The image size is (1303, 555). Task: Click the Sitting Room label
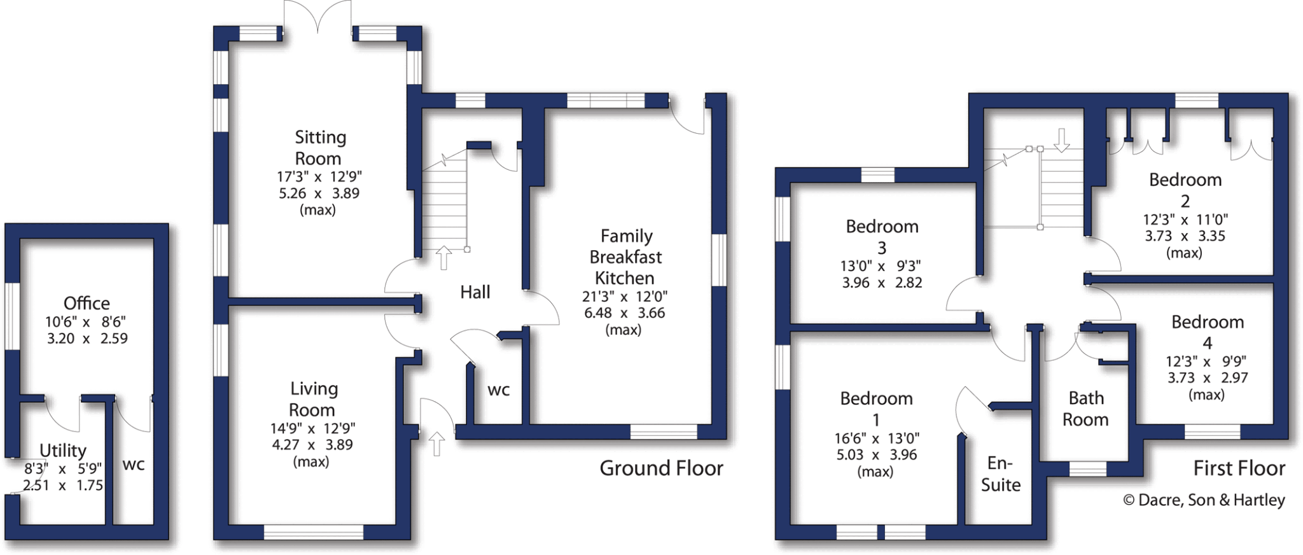point(319,147)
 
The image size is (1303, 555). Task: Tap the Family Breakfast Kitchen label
point(625,256)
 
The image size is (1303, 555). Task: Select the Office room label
point(87,303)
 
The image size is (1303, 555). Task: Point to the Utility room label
point(62,451)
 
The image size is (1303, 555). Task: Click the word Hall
point(475,292)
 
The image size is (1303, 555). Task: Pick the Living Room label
point(313,399)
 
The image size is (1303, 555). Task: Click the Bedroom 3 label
point(882,236)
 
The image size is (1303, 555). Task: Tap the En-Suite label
point(1000,474)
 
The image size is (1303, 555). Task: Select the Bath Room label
point(1085,409)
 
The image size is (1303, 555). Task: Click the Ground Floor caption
point(661,468)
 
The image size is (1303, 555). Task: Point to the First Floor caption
point(1239,468)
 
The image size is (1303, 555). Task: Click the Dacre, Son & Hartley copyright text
point(1204,500)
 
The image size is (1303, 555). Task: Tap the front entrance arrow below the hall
point(436,443)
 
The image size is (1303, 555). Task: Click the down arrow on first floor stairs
point(1061,139)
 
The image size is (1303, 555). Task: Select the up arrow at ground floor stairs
point(443,258)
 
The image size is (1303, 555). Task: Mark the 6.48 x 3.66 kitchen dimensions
point(624,313)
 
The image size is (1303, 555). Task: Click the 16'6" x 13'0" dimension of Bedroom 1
point(876,439)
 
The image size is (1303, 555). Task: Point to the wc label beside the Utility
point(133,465)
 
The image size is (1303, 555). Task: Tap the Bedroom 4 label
point(1207,332)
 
